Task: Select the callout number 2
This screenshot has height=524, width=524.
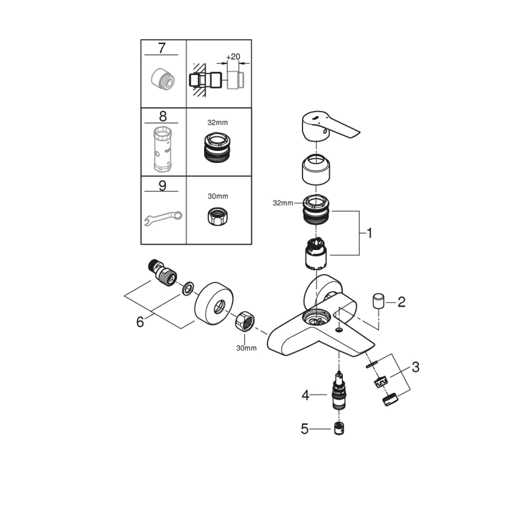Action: [401, 302]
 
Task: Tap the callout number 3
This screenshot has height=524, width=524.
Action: [415, 366]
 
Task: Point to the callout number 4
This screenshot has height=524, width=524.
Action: [305, 396]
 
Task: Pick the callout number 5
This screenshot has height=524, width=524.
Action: [305, 429]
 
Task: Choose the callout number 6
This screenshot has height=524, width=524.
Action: [140, 322]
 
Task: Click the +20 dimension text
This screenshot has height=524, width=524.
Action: [232, 56]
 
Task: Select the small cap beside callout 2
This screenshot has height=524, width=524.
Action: [379, 300]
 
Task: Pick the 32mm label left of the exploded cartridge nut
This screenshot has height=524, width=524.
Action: [282, 203]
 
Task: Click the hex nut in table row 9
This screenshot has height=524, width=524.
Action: [218, 217]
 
